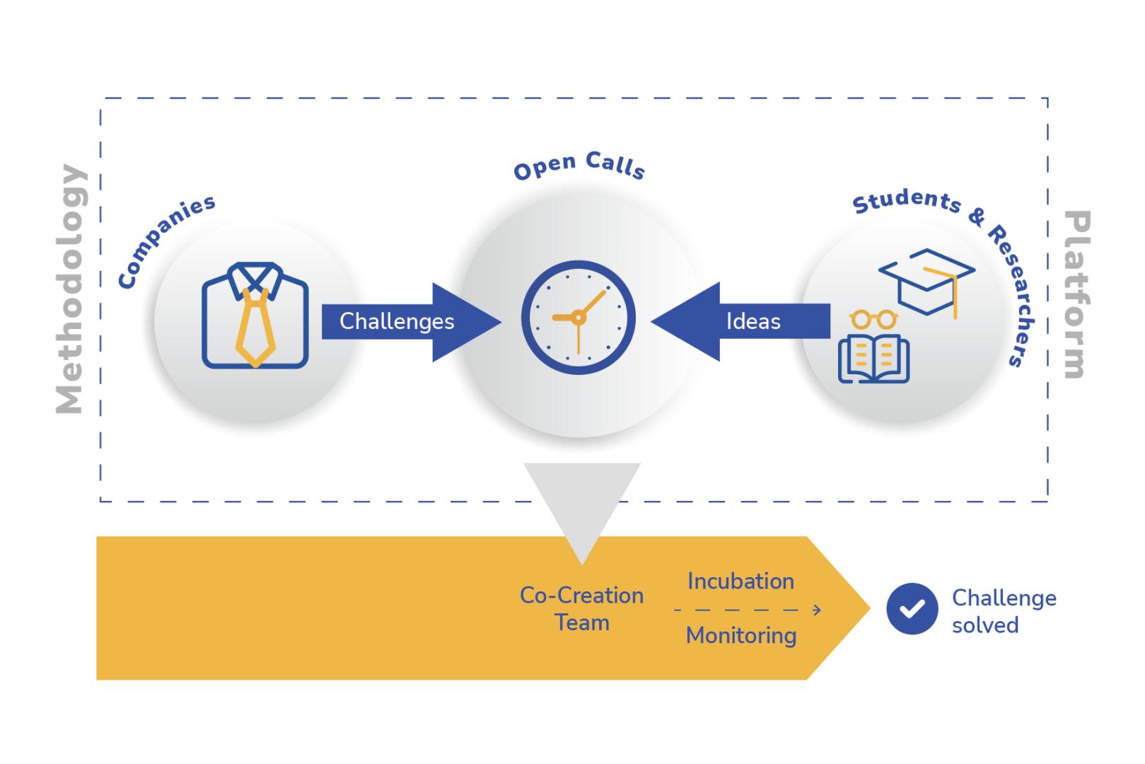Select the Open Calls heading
[x=579, y=168]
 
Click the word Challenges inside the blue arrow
[x=397, y=321]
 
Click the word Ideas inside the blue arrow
[x=753, y=322]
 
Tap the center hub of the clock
[x=579, y=318]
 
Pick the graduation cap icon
[x=926, y=280]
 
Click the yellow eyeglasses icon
[x=873, y=319]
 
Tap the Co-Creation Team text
[x=581, y=609]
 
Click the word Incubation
[x=740, y=581]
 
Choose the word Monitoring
[x=740, y=635]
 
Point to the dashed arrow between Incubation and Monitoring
[x=747, y=610]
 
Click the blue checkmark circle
[x=912, y=609]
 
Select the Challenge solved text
[x=1003, y=611]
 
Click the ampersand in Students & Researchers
[x=977, y=217]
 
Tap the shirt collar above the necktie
[x=255, y=276]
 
